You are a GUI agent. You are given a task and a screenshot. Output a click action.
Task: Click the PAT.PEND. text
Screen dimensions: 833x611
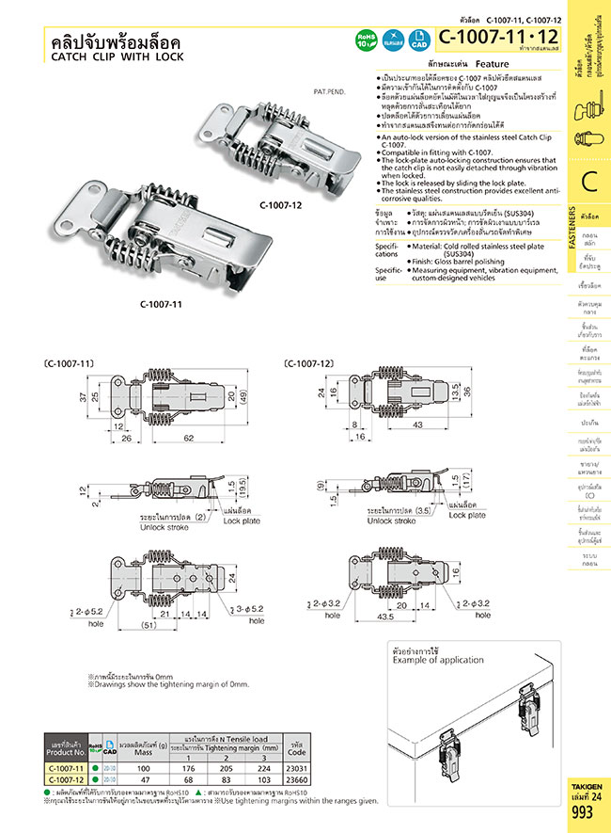[335, 93]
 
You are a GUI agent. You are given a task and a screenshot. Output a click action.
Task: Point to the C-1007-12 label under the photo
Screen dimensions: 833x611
[281, 204]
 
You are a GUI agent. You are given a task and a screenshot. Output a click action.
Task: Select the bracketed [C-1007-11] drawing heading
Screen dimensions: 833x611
[69, 362]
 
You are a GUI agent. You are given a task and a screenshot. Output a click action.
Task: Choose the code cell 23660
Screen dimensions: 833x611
[296, 780]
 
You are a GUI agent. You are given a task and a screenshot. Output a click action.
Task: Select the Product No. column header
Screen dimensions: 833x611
[65, 750]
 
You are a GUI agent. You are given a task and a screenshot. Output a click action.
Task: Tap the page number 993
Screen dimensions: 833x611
[583, 812]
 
